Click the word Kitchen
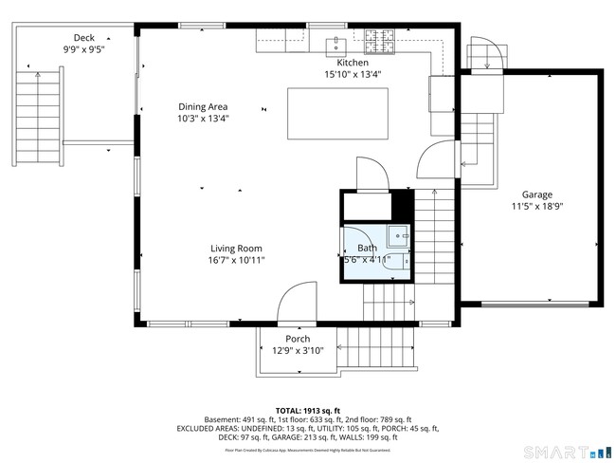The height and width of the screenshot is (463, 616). click(x=339, y=62)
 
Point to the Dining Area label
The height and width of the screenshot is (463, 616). click(x=203, y=106)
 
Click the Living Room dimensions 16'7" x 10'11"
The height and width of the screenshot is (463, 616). click(x=236, y=260)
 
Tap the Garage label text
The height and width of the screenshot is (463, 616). click(x=536, y=194)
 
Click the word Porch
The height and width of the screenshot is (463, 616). click(x=298, y=339)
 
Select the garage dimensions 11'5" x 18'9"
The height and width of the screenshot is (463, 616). click(x=536, y=206)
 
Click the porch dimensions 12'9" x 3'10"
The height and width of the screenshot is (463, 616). click(x=298, y=350)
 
